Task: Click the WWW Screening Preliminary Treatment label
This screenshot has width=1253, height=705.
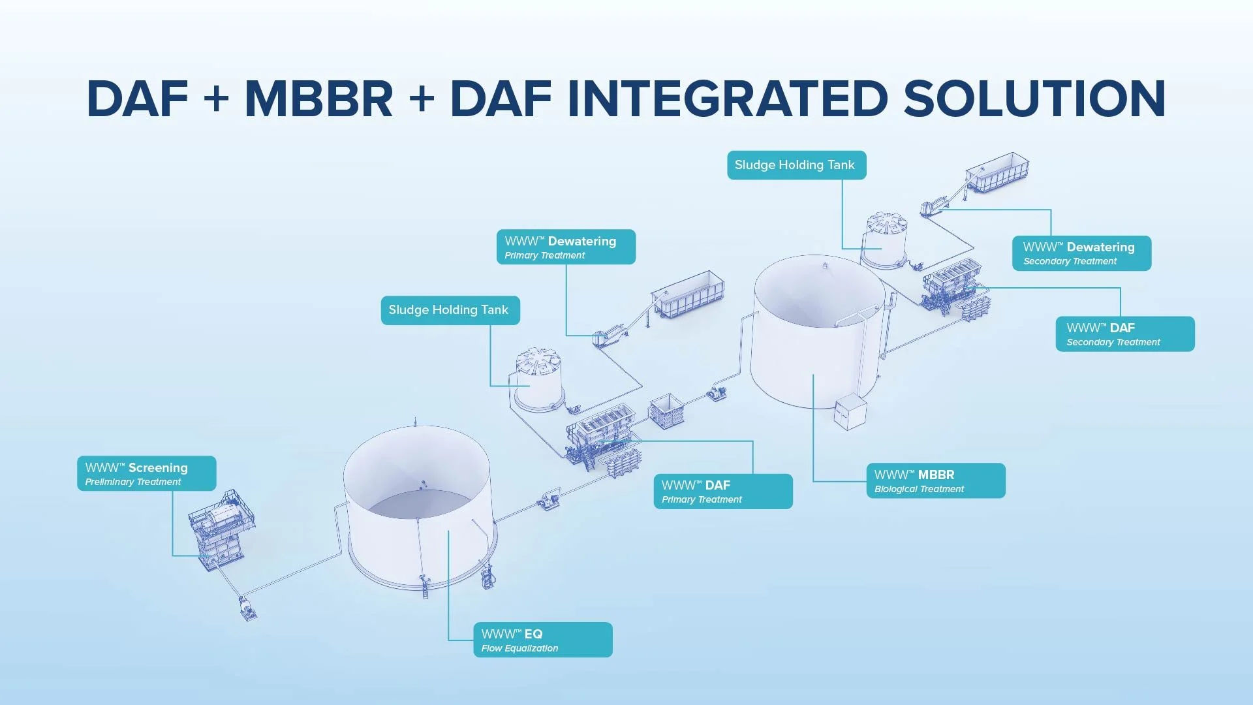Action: pos(146,473)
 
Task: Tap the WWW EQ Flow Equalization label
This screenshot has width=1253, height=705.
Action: pos(542,640)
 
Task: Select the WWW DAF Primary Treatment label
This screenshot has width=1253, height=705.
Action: pos(723,492)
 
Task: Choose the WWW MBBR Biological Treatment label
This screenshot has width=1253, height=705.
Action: pos(935,481)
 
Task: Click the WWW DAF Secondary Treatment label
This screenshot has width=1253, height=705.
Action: pos(1124,334)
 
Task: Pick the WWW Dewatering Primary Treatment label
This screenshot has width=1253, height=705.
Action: pos(566,247)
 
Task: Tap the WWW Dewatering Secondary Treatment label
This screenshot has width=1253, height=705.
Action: pos(1081,253)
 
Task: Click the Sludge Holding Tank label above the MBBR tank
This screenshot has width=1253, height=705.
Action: pos(796,165)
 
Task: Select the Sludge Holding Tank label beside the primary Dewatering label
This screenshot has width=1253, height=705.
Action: pos(450,310)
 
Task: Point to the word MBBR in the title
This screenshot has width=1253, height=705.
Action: pos(318,99)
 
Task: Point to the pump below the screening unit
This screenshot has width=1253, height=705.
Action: pos(247,608)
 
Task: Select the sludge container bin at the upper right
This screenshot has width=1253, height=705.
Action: pos(997,172)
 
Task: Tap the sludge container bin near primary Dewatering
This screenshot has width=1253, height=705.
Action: pos(689,295)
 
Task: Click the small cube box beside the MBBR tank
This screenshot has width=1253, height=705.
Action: pos(850,411)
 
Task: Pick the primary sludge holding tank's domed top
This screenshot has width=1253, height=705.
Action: pos(538,360)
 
